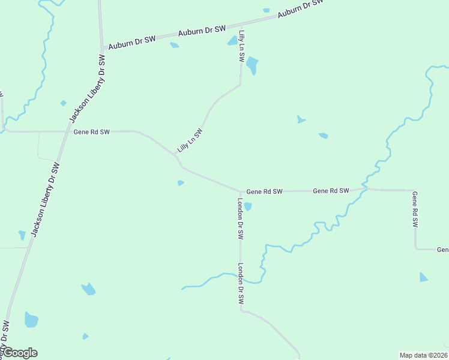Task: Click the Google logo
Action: point(20,353)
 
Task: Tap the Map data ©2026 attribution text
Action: point(423,355)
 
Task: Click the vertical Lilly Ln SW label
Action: point(241,47)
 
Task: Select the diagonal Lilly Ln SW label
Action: point(190,140)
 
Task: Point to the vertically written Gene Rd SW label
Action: point(414,209)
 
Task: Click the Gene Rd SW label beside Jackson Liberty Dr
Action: point(92,131)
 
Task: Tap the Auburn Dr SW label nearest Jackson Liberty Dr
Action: point(133,40)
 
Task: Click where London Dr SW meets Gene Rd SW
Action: point(241,192)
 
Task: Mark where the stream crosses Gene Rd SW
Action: point(364,189)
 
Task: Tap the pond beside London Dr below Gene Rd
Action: point(247,207)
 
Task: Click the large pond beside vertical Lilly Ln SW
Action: point(252,64)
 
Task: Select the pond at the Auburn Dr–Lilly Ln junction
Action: point(232,41)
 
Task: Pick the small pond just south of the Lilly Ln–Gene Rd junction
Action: point(180,183)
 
